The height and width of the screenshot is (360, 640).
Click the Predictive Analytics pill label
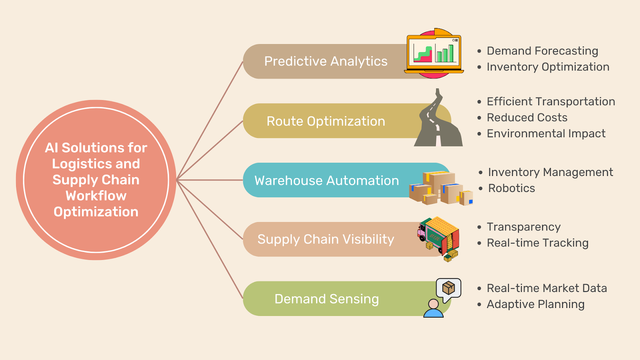click(326, 61)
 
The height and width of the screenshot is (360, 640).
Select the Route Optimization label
click(326, 121)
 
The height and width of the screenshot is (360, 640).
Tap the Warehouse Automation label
click(326, 180)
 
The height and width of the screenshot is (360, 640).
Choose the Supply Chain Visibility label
click(326, 239)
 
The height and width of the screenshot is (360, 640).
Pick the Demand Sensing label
click(326, 299)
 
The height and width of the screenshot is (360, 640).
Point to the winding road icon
click(438, 120)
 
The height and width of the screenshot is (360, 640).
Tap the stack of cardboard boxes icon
click(440, 188)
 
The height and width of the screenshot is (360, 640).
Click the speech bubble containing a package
click(449, 288)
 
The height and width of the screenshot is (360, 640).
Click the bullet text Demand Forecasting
click(542, 51)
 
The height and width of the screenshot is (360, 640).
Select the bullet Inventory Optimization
click(548, 67)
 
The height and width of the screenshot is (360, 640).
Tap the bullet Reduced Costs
click(527, 118)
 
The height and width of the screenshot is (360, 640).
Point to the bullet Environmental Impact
click(546, 134)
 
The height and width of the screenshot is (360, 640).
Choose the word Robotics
click(511, 188)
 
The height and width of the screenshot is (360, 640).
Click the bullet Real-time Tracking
click(537, 243)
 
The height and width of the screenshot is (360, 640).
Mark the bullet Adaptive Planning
click(535, 304)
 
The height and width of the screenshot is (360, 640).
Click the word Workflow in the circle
click(96, 196)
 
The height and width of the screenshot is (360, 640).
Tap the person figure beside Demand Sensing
click(433, 309)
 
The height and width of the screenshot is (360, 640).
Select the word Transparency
click(523, 227)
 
